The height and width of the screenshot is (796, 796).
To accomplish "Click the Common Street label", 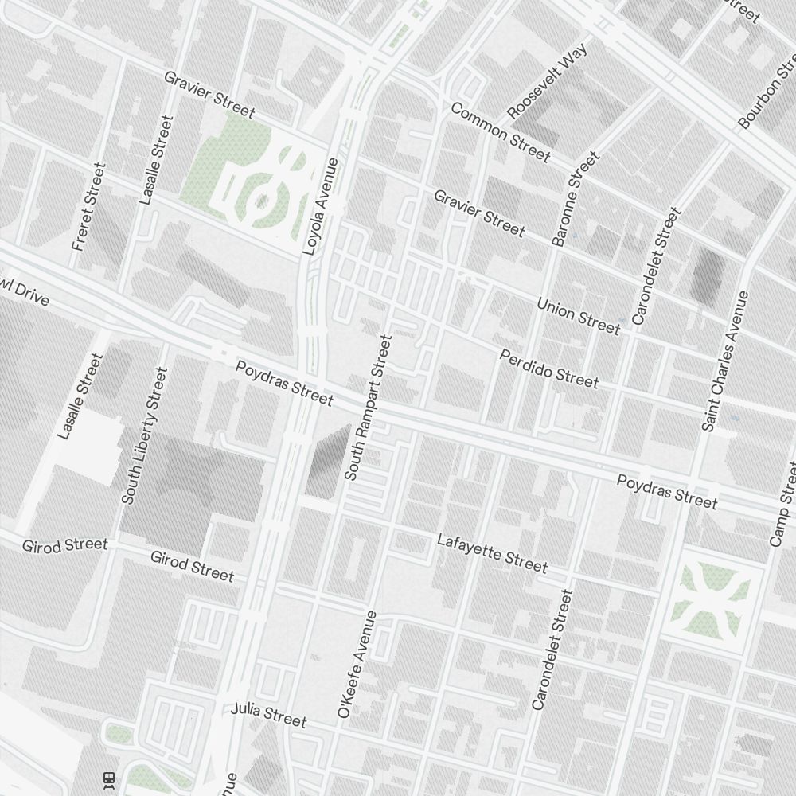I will (x=500, y=132).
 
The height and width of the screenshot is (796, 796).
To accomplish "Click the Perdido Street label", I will (x=548, y=369).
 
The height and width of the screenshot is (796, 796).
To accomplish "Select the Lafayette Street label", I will (x=492, y=552).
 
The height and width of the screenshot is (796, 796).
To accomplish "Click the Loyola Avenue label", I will (x=321, y=206).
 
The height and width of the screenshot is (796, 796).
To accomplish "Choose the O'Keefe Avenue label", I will (x=357, y=665).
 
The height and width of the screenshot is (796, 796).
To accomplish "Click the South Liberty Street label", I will (x=145, y=435).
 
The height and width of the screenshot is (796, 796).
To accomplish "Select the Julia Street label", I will (x=268, y=715).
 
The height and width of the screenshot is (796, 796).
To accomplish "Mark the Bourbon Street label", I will (x=767, y=94).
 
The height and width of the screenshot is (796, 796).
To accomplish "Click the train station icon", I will (x=110, y=779).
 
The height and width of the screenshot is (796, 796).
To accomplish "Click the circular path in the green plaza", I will (x=263, y=200).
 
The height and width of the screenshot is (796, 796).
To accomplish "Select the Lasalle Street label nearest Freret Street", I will (x=155, y=160).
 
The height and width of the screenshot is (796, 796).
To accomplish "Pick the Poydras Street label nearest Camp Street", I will (x=667, y=491).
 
